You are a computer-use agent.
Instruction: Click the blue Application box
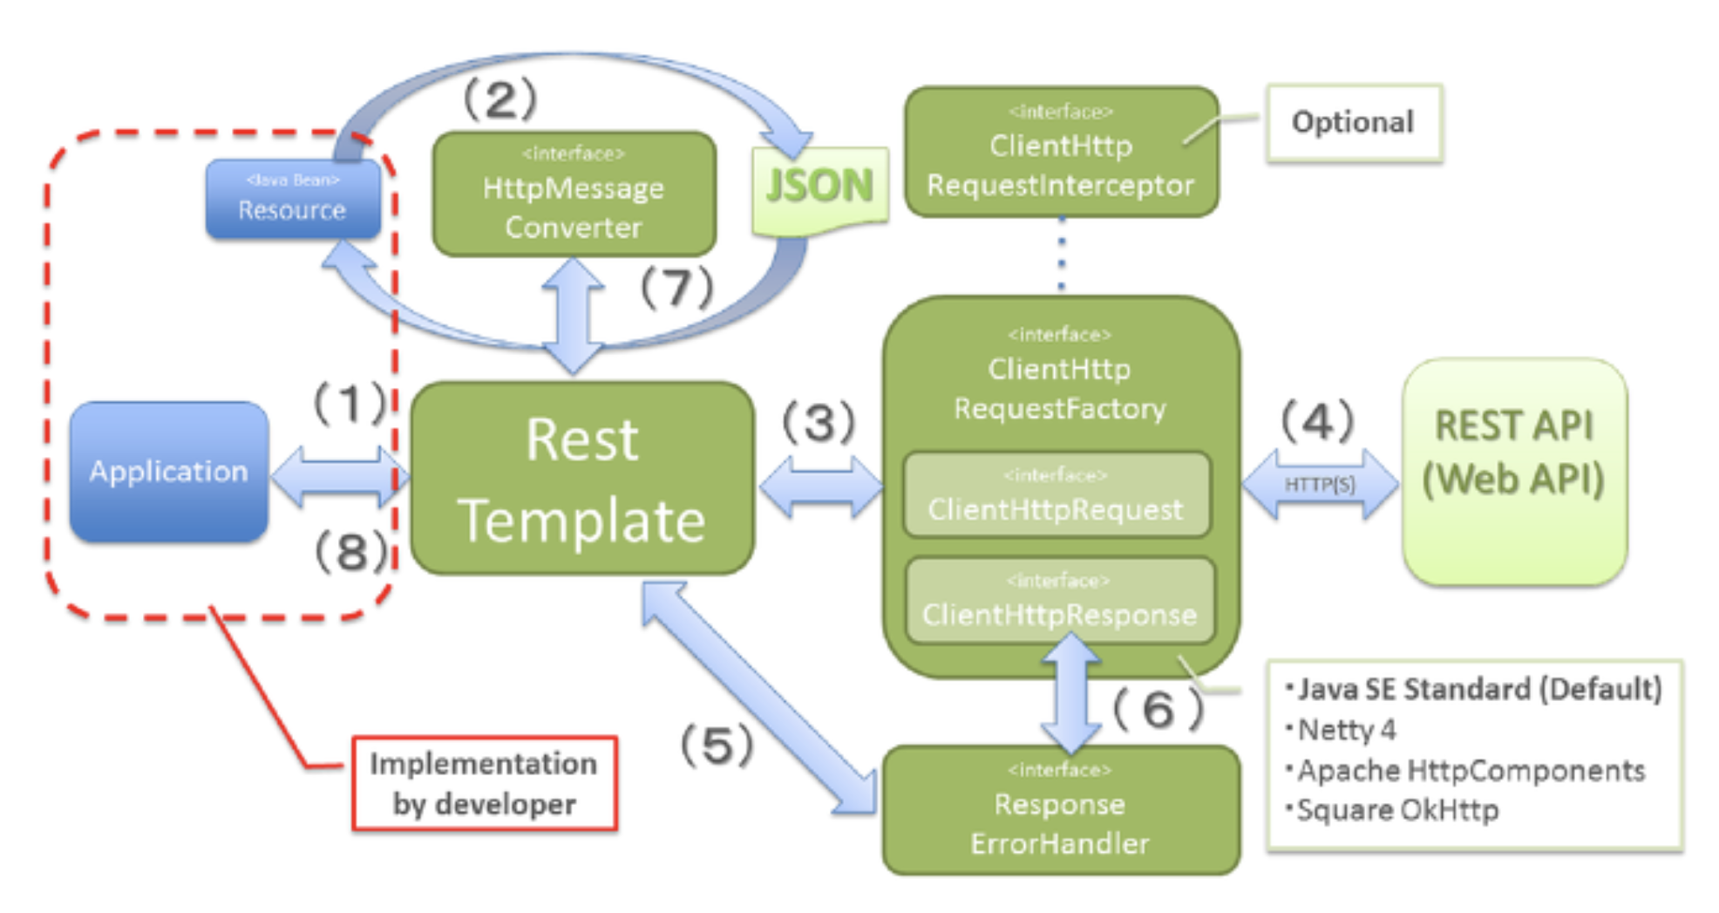click(x=168, y=472)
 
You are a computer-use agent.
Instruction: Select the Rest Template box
click(x=581, y=479)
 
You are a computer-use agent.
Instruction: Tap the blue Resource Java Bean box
click(x=293, y=200)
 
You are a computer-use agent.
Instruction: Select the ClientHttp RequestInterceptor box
click(x=1061, y=153)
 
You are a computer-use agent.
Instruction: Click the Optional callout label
click(x=1353, y=123)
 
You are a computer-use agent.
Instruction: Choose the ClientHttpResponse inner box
click(x=1059, y=602)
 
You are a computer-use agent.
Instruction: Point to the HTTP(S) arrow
click(x=1319, y=485)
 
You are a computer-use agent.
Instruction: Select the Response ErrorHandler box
click(x=1060, y=811)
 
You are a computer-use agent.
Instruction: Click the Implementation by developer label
click(x=484, y=783)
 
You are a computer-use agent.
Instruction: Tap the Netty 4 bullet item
click(x=1347, y=729)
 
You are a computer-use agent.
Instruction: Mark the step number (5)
click(x=717, y=746)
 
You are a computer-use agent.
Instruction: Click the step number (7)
click(x=677, y=287)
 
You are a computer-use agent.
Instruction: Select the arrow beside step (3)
click(x=820, y=486)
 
